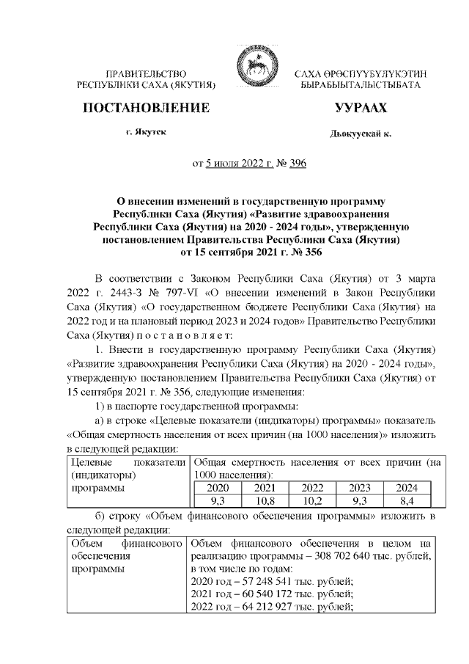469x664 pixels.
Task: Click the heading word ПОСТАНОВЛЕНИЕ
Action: point(146,108)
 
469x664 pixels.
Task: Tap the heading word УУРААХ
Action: point(360,108)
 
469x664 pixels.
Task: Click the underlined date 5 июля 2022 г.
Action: point(237,163)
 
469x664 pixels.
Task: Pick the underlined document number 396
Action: point(298,163)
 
